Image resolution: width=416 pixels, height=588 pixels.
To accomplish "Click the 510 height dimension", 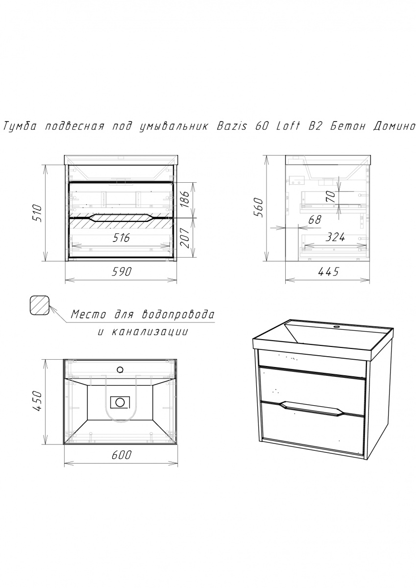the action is point(37,214).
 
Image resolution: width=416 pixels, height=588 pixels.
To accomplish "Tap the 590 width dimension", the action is point(121,271).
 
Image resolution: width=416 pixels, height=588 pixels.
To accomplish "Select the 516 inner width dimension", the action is point(121,238).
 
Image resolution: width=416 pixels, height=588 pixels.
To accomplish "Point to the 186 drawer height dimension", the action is point(185,199).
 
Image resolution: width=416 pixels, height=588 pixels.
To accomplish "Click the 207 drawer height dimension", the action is point(185,238).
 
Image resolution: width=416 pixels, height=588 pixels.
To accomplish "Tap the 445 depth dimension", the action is point(328,271).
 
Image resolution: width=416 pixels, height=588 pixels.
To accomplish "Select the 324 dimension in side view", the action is point(335,237).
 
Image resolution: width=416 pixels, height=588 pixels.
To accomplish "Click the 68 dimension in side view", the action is point(315,220).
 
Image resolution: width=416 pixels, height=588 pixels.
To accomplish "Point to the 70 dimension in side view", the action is point(331,196).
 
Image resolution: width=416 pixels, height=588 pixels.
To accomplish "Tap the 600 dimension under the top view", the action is point(121,455).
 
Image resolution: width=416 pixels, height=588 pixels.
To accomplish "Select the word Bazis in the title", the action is point(232,126).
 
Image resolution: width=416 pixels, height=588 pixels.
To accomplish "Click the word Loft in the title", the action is point(288,126).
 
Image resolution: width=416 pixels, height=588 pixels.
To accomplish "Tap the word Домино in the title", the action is point(393,127).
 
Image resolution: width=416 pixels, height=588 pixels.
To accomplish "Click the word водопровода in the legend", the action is point(178,314).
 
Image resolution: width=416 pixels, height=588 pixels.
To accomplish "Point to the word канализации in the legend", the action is point(150,332).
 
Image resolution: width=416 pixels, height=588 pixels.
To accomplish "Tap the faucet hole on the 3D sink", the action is point(336,327).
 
